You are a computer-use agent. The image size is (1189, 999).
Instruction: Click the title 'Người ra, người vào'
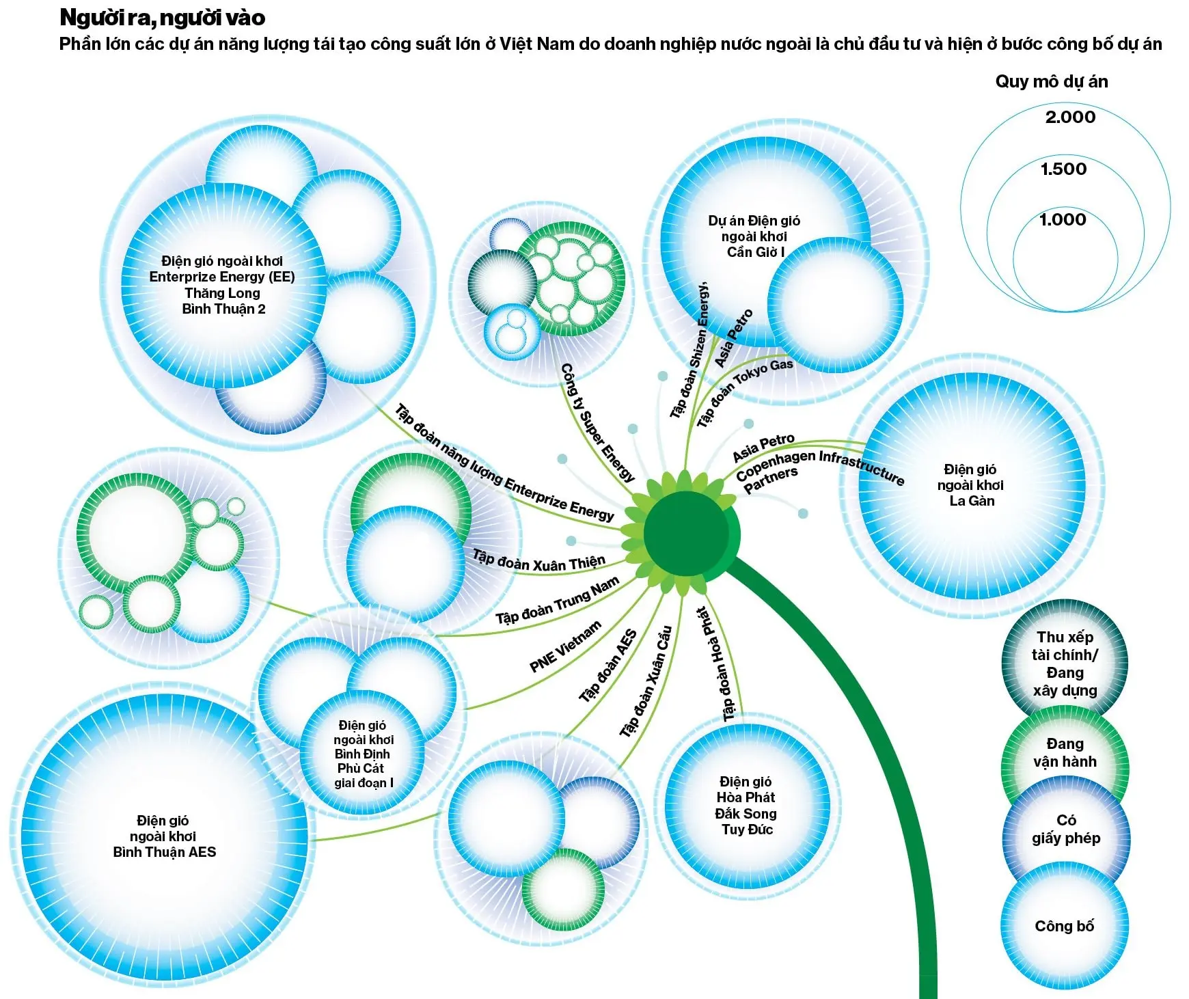click(162, 18)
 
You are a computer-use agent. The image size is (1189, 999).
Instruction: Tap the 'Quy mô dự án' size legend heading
click(1051, 82)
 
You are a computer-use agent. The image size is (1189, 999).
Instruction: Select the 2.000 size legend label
click(1069, 118)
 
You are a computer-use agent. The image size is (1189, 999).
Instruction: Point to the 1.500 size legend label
click(1063, 169)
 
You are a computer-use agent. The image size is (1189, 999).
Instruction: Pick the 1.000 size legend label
click(1063, 220)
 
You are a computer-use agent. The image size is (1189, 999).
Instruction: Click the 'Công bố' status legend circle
click(1064, 927)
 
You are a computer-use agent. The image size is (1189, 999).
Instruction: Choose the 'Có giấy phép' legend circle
click(1065, 829)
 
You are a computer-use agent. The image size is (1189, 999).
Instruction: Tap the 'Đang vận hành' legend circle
click(1064, 752)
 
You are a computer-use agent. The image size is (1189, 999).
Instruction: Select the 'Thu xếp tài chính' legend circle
click(1065, 663)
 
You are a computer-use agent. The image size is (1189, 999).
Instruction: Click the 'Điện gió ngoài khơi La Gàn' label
click(970, 485)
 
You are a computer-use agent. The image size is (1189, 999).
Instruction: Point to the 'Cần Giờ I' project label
click(754, 236)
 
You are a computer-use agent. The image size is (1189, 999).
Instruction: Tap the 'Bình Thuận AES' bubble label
click(164, 836)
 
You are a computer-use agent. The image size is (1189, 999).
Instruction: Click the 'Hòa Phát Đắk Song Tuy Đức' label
click(746, 806)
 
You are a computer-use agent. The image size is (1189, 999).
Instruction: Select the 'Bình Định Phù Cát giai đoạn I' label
click(363, 754)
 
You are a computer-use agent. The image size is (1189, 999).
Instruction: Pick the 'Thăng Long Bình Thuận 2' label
click(222, 285)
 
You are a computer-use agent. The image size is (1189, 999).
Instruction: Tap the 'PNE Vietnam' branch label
click(565, 647)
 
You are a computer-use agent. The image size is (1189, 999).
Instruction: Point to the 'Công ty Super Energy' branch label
click(597, 422)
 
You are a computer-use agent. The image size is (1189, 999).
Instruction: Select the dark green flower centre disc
click(685, 534)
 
